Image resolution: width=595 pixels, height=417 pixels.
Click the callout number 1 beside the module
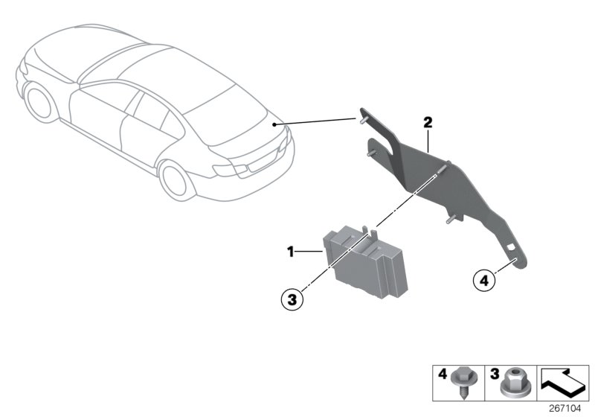[292, 252]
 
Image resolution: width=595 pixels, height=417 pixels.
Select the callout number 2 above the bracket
[428, 121]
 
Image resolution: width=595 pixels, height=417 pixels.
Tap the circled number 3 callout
[292, 299]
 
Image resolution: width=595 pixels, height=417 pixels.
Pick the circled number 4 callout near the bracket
[484, 281]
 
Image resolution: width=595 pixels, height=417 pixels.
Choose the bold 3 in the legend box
[493, 372]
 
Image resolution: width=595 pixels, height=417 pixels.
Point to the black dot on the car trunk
[274, 124]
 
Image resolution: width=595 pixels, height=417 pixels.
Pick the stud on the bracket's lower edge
[451, 220]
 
